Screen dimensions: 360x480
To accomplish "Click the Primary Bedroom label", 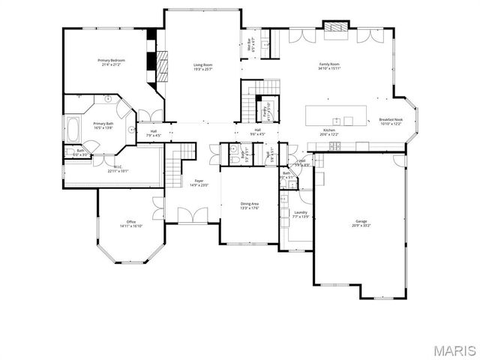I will [x=111, y=61].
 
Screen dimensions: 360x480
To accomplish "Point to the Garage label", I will [x=361, y=223].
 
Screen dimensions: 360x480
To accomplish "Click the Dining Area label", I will [x=250, y=205].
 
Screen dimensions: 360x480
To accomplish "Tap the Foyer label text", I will [x=199, y=182].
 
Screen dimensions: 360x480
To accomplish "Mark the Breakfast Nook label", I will [x=391, y=121].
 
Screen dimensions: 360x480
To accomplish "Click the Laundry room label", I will [x=300, y=214].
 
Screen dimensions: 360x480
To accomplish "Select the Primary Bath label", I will [x=103, y=125].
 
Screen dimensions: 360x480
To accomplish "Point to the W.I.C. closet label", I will [x=118, y=169].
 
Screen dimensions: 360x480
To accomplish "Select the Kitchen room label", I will [x=329, y=131].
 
